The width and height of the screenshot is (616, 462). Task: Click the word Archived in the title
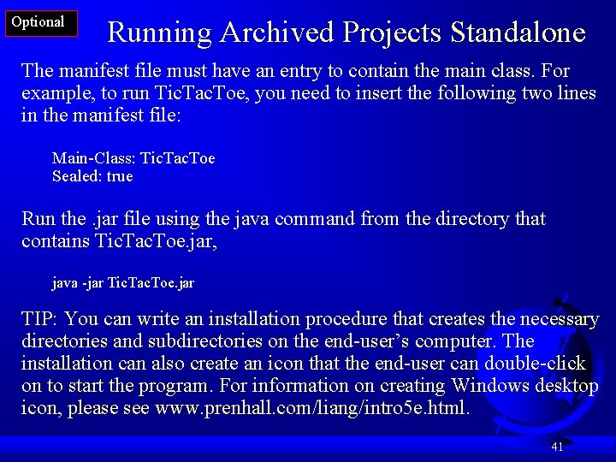276,33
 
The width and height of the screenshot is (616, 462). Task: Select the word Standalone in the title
517,33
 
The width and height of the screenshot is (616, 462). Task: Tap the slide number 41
557,447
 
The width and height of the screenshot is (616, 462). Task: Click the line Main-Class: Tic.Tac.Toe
133,158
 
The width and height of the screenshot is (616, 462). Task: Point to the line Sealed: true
92,176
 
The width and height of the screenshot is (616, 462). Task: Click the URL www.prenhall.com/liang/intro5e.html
311,408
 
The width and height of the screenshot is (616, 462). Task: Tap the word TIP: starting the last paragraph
39,319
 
